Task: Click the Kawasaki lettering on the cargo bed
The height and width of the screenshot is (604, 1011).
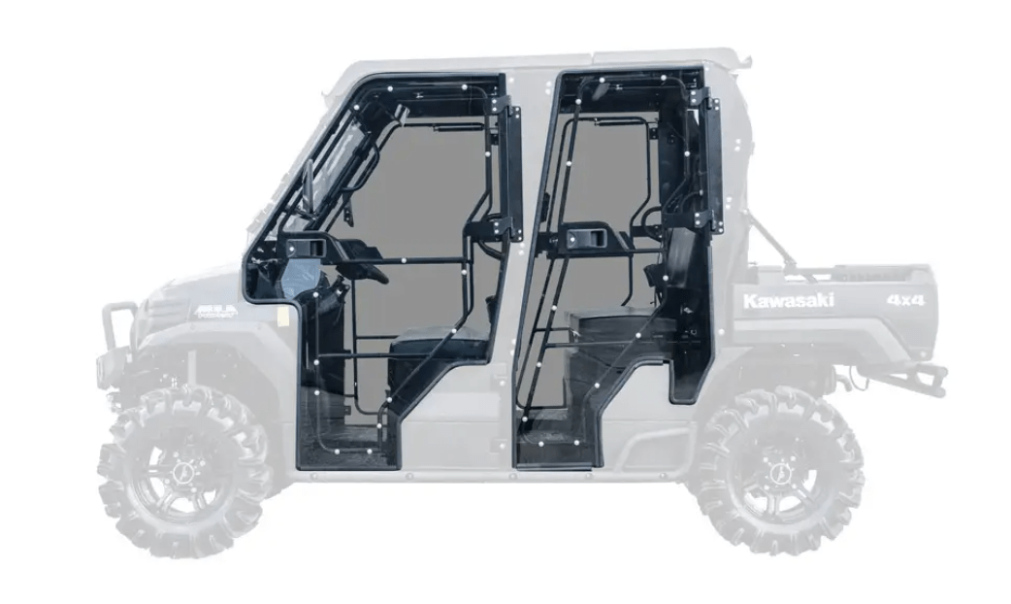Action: [788, 301]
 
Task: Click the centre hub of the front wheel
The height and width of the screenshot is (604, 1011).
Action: [181, 473]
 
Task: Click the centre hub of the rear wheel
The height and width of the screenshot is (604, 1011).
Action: [778, 473]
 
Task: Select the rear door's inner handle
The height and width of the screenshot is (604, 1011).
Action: [583, 237]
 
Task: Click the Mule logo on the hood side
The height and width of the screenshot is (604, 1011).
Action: [215, 312]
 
